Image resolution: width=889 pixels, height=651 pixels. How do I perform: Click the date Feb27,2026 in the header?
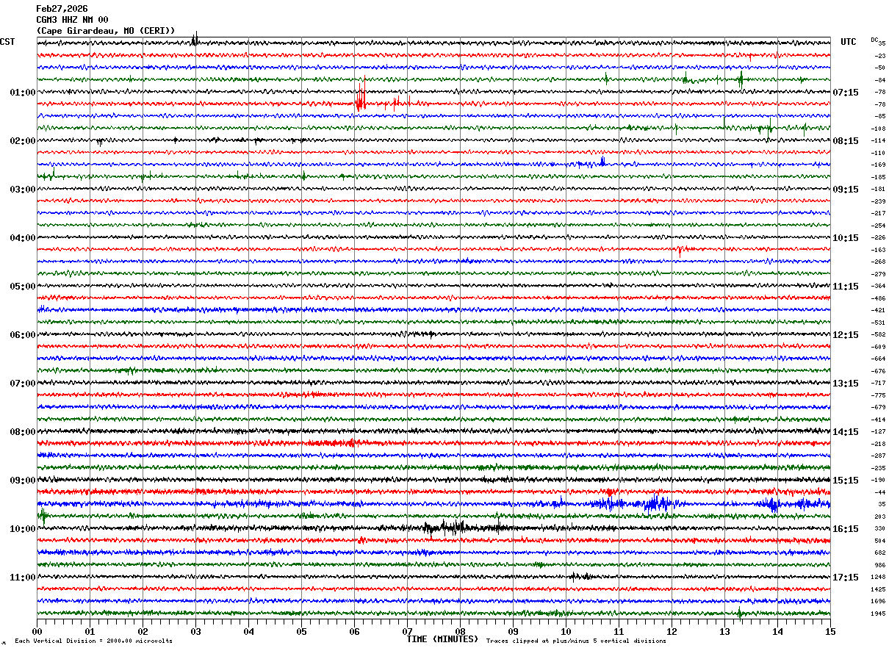click(62, 9)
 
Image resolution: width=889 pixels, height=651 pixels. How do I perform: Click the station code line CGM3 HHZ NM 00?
click(72, 20)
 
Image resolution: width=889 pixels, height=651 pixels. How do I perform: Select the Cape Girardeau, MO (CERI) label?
click(106, 31)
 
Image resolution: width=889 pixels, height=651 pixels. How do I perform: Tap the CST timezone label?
click(7, 42)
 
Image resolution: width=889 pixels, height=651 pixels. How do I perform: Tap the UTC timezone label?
click(849, 42)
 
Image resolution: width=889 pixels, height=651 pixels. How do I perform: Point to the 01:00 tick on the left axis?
click(23, 93)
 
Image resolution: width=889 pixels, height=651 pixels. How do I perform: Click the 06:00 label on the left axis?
click(23, 335)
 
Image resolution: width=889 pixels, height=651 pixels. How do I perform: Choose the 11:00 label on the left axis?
click(23, 578)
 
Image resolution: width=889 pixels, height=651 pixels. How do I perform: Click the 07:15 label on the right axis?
click(846, 93)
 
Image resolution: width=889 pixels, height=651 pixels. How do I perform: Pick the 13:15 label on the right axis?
click(846, 384)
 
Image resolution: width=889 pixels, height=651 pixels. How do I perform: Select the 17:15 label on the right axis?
click(846, 578)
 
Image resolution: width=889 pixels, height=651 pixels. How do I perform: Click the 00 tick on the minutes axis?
click(37, 631)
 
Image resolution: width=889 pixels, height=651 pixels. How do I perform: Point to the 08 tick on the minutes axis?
click(461, 631)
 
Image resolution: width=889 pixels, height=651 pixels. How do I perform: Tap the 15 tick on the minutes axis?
click(830, 631)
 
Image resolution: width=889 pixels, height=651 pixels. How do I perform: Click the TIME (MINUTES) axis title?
click(442, 639)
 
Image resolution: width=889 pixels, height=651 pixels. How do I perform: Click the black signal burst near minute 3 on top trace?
click(195, 40)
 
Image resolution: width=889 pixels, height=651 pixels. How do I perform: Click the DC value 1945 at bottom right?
click(878, 614)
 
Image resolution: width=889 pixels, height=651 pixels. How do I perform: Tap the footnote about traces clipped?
click(576, 641)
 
